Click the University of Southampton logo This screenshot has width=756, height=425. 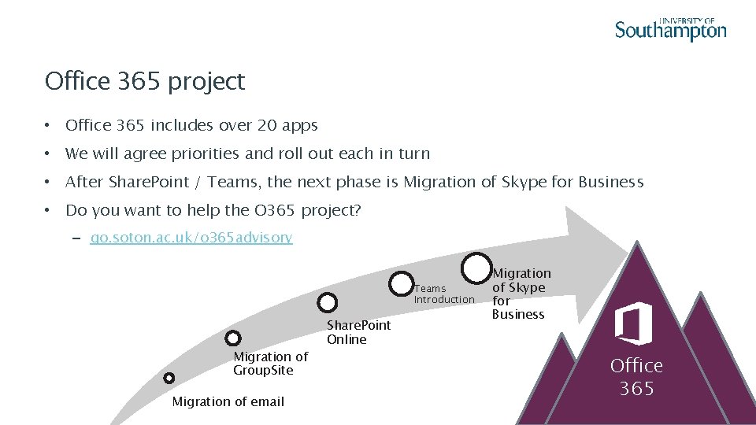[670, 29]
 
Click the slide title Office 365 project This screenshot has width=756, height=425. [145, 81]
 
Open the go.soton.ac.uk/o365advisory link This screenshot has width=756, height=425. [191, 237]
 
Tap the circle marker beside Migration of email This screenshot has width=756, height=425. [169, 378]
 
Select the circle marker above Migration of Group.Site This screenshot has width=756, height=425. [232, 338]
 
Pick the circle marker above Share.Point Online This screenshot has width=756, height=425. [328, 301]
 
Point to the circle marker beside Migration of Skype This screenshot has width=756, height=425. [477, 268]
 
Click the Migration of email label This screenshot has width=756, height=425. [228, 401]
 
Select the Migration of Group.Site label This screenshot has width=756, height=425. [270, 364]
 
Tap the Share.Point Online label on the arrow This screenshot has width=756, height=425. [358, 332]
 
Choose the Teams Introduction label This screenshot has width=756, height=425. [444, 294]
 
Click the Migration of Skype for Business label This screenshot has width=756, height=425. [521, 294]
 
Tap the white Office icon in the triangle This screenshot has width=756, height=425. [634, 323]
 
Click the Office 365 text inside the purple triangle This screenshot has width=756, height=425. [636, 377]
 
